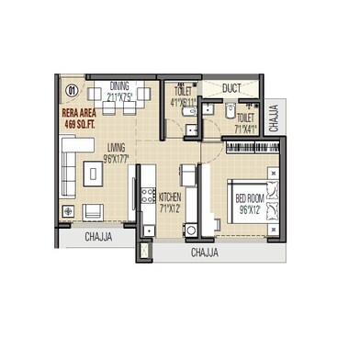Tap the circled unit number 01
72,90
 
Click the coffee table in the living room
93,172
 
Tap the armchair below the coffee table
94,210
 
